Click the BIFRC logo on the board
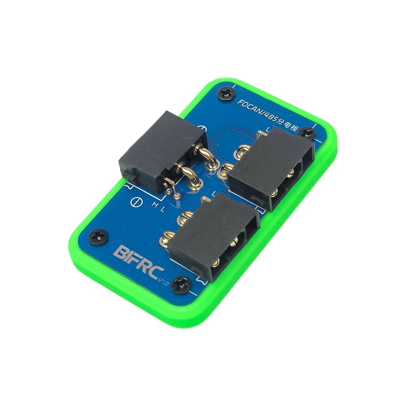[138, 261]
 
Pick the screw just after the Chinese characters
[307, 134]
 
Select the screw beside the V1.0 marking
[182, 285]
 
